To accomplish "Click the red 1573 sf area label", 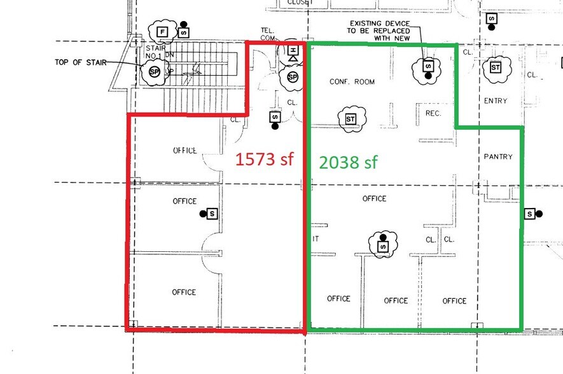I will click(x=265, y=159).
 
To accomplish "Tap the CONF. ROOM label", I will click(x=352, y=82).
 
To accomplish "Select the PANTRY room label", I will click(x=498, y=156).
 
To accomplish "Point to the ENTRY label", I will click(x=496, y=101).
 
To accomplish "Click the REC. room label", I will click(x=433, y=113).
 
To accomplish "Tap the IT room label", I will click(x=316, y=239).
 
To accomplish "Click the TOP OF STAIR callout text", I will click(x=79, y=62).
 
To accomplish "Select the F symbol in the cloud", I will click(x=162, y=31).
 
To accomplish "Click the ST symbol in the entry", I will click(x=496, y=67).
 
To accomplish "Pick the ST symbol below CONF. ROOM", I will click(x=351, y=119).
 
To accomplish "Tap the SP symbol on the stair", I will click(x=155, y=72).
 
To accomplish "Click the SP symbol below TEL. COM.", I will click(x=293, y=78).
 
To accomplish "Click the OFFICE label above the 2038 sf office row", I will click(x=374, y=198).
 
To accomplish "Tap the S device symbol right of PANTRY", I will click(x=529, y=214).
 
